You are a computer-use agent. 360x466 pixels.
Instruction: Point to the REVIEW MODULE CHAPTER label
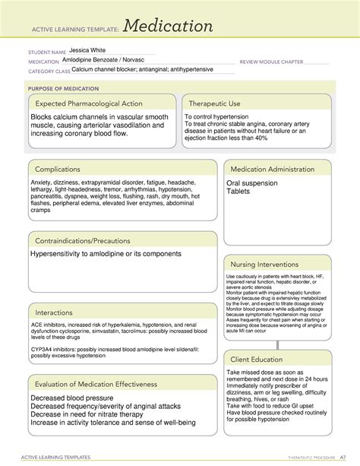[x=271, y=62]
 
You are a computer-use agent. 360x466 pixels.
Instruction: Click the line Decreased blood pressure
[x=74, y=397]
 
